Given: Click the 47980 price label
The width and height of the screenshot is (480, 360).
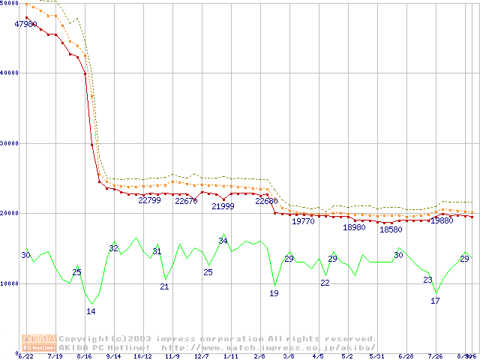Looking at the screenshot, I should (x=26, y=24).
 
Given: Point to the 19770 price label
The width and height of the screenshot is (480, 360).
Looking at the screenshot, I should (x=303, y=221).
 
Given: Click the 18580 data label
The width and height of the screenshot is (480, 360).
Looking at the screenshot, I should (x=391, y=229).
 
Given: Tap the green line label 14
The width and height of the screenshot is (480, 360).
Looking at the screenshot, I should (x=91, y=311).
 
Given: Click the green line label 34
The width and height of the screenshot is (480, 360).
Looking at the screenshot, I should (x=223, y=241).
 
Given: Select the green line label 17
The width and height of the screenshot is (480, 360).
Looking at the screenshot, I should (x=435, y=301).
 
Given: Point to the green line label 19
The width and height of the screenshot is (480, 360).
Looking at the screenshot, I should (x=274, y=293).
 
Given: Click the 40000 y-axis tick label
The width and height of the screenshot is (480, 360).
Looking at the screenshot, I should (x=10, y=73).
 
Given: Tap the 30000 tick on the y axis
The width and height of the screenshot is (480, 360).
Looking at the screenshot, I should (x=10, y=142).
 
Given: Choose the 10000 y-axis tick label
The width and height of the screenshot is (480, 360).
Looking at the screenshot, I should (x=10, y=283).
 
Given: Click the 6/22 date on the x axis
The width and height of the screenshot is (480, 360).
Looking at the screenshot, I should (x=26, y=357).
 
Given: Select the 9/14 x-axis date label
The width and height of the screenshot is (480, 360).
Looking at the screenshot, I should (x=113, y=357).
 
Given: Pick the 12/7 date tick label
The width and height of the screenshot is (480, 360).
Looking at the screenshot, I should (x=201, y=357).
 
